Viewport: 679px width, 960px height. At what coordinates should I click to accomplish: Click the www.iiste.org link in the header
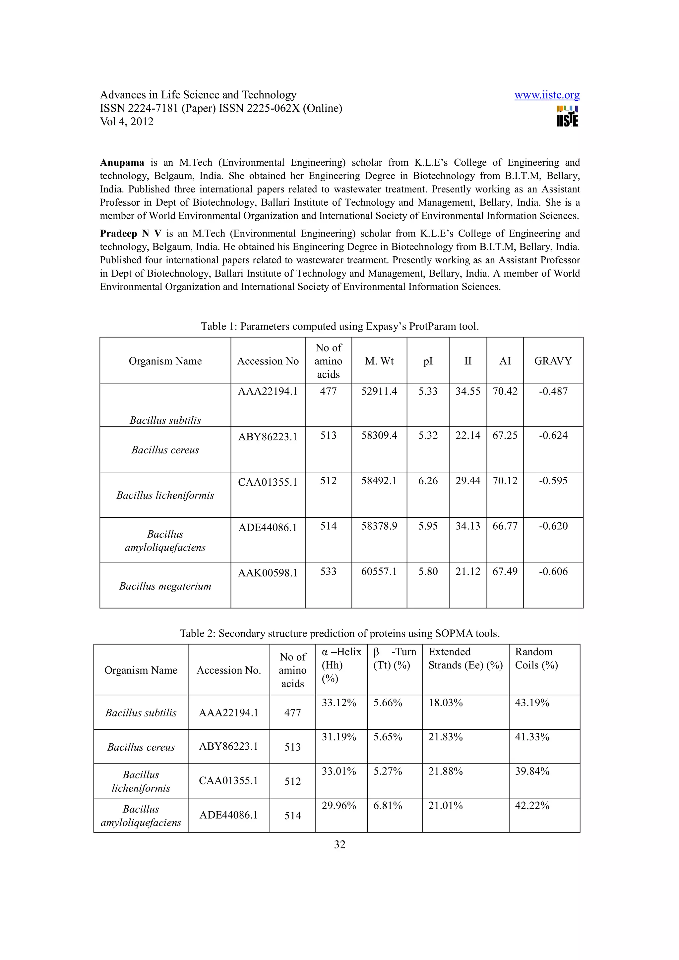click(x=546, y=95)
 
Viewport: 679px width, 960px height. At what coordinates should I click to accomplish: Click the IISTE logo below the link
click(x=567, y=116)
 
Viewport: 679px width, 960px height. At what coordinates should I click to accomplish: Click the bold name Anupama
click(x=122, y=163)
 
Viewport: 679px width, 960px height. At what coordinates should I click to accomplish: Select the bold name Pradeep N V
click(x=130, y=234)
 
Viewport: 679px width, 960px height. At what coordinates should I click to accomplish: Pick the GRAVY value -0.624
click(x=553, y=435)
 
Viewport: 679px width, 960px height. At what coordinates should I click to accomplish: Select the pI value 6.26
click(x=428, y=481)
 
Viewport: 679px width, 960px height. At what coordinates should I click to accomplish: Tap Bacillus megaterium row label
click(x=165, y=586)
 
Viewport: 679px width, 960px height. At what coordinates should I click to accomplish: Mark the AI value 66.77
click(x=505, y=526)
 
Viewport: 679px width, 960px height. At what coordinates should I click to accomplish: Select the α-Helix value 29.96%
click(x=339, y=806)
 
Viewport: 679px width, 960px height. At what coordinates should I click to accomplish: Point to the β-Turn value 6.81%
click(x=387, y=806)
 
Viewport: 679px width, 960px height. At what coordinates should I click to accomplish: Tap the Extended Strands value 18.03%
click(x=445, y=703)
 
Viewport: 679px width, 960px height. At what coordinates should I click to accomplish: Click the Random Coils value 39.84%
click(x=532, y=772)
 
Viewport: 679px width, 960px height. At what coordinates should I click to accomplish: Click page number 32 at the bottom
click(x=339, y=845)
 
